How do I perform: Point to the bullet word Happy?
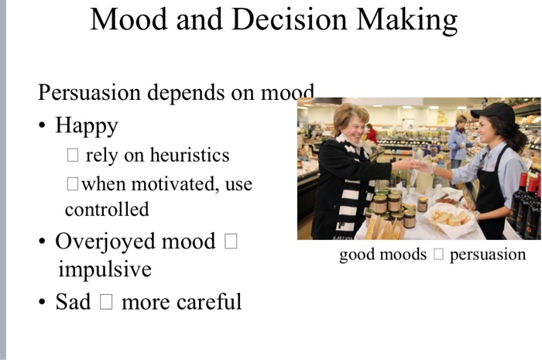click(x=86, y=126)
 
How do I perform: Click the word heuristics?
click(x=189, y=156)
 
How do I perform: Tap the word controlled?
click(x=106, y=209)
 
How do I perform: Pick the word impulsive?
click(x=105, y=270)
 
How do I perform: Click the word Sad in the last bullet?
click(x=73, y=301)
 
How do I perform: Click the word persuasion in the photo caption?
click(x=487, y=255)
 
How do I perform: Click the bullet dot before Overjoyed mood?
click(x=43, y=242)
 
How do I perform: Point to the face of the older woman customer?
click(x=352, y=124)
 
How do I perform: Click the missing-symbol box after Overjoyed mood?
click(x=230, y=242)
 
